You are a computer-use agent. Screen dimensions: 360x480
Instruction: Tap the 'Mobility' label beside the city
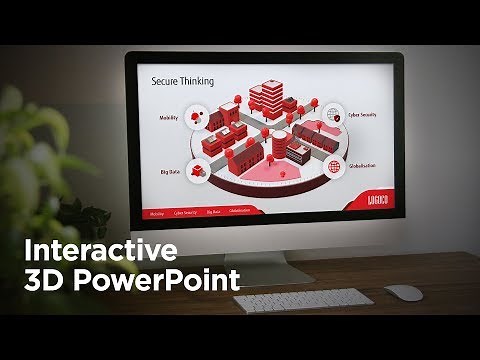click(x=168, y=118)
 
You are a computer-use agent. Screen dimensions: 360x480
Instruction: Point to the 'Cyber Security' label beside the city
click(x=361, y=116)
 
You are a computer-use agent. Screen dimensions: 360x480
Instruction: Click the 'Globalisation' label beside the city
click(x=360, y=165)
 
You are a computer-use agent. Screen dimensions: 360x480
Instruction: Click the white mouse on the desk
click(x=403, y=292)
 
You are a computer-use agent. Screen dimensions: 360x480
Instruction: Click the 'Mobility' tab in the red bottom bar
click(x=156, y=212)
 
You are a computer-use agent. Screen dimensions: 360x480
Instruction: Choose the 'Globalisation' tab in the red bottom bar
click(x=239, y=212)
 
